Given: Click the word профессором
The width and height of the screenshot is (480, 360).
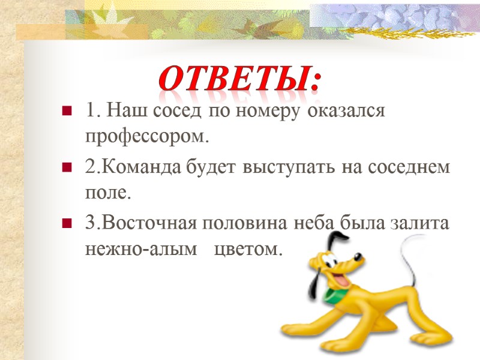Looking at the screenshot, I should (148, 137).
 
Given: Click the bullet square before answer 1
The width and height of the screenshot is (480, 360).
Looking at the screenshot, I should (66, 112).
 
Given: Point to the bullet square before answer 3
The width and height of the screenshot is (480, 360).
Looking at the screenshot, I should (66, 224).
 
